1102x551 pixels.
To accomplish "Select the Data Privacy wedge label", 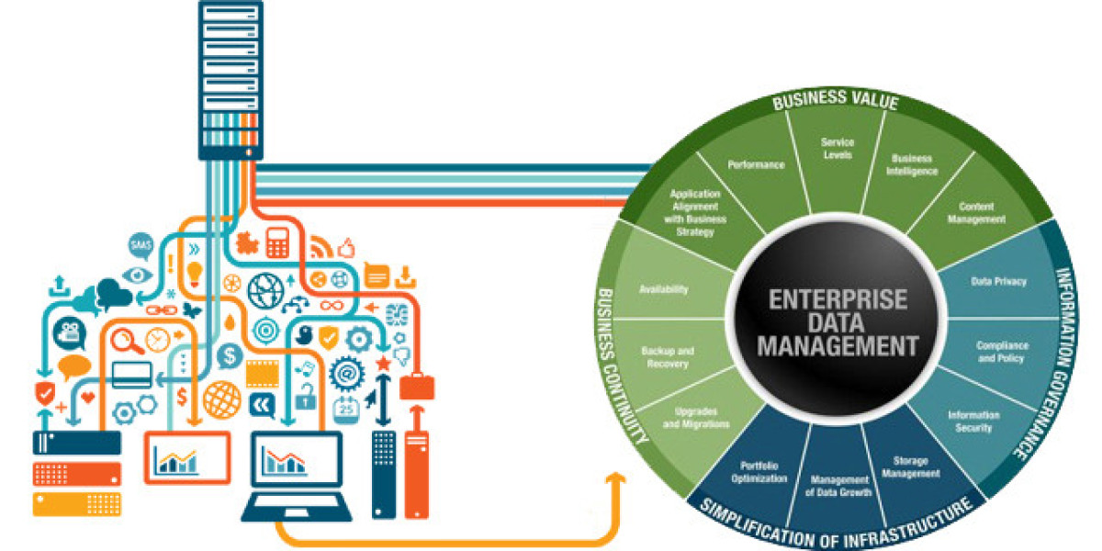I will click(x=998, y=281).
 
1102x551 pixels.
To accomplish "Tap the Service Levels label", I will click(x=837, y=149).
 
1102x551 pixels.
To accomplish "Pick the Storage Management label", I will click(x=916, y=467).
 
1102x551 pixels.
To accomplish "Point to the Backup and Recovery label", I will click(x=667, y=357).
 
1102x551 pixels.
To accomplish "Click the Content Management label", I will click(x=982, y=213).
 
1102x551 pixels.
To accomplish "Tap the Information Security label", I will click(x=973, y=421).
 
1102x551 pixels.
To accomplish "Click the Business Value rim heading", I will click(x=834, y=102).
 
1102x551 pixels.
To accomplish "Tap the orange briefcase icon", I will click(x=416, y=387).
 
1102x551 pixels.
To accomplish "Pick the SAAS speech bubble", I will click(x=141, y=245).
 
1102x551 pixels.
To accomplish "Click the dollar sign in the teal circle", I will click(x=230, y=354).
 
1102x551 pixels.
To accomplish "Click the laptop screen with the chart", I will click(x=296, y=456).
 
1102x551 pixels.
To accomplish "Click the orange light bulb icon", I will click(x=194, y=273).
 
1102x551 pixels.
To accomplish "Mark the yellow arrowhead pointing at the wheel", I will click(x=616, y=479).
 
